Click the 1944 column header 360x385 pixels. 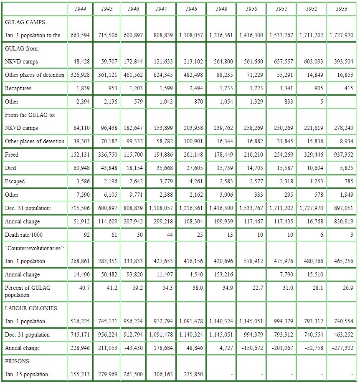80,9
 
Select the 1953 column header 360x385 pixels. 341,9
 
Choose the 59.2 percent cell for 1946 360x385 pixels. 132,288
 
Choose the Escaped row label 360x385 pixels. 15,181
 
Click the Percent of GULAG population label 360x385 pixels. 25,291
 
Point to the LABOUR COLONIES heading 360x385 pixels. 31,308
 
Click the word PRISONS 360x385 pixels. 17,361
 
